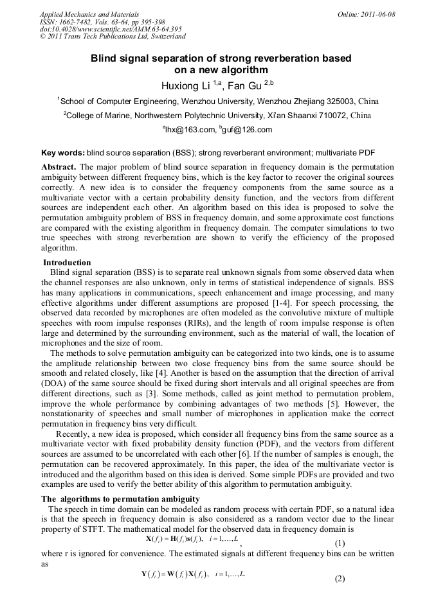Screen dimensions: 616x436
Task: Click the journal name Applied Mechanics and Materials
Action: pyautogui.click(x=89, y=13)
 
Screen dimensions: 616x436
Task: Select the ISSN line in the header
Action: pyautogui.click(x=102, y=21)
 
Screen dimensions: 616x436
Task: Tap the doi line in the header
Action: pyautogui.click(x=111, y=29)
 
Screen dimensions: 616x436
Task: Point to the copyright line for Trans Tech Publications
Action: pyautogui.click(x=113, y=37)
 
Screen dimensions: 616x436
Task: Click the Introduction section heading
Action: pyautogui.click(x=67, y=262)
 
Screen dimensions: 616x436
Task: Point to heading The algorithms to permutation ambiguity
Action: pyautogui.click(x=120, y=499)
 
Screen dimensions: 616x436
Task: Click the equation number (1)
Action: pyautogui.click(x=340, y=543)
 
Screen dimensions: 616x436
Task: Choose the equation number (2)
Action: pyautogui.click(x=340, y=578)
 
